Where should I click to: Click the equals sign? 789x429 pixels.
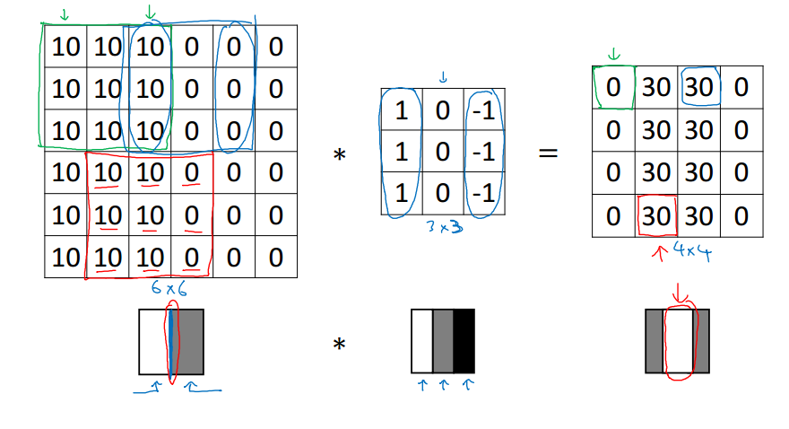[548, 153]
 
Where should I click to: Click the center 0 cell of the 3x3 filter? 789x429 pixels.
[443, 152]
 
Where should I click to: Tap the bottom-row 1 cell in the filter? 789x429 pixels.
[402, 194]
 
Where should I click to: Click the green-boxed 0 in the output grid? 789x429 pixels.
[613, 88]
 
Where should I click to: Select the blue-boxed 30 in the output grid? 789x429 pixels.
[699, 88]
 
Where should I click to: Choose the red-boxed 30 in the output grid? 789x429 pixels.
[656, 216]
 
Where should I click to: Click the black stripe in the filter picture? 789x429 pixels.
[464, 341]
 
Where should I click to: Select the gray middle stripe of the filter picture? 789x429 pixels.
[443, 341]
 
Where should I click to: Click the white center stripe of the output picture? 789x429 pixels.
[679, 341]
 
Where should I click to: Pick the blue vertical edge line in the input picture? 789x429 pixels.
[169, 341]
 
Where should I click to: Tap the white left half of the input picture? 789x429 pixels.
[152, 341]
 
